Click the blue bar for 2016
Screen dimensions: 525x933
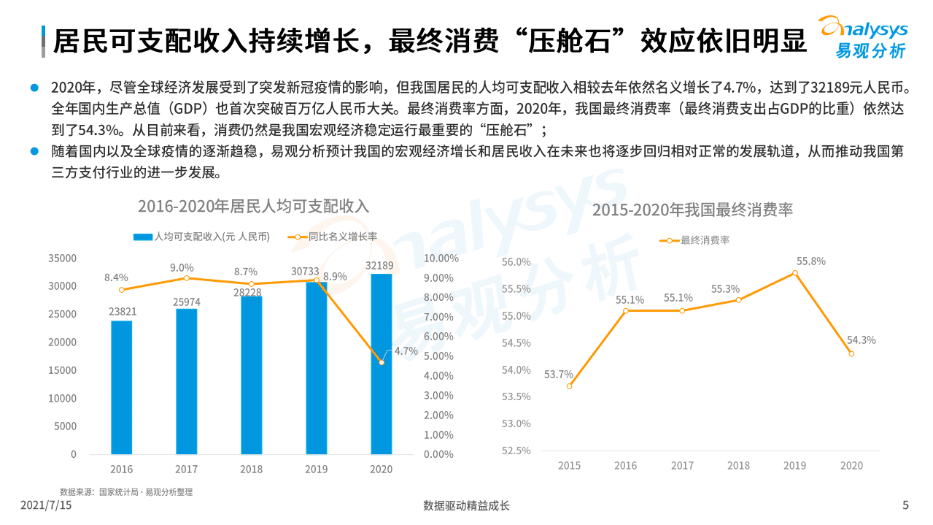point(122,387)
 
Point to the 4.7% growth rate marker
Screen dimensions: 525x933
point(382,362)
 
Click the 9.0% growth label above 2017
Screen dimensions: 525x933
point(182,268)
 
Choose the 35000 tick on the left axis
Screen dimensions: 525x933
point(62,258)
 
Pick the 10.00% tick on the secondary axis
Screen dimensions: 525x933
point(441,258)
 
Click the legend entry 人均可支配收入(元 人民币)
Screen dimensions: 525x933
point(202,237)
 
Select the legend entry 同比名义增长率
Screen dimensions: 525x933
point(333,237)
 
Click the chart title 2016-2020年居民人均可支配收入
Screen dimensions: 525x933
point(253,206)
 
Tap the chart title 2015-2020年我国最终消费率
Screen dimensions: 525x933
point(692,210)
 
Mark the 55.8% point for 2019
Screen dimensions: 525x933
point(794,273)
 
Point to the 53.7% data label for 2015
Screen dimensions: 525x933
point(558,375)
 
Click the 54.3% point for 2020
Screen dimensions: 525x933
point(851,353)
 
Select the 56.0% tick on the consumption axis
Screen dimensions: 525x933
point(516,262)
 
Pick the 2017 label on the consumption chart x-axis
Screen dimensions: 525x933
point(682,465)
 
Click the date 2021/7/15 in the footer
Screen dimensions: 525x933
point(46,505)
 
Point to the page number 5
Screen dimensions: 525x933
point(905,505)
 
